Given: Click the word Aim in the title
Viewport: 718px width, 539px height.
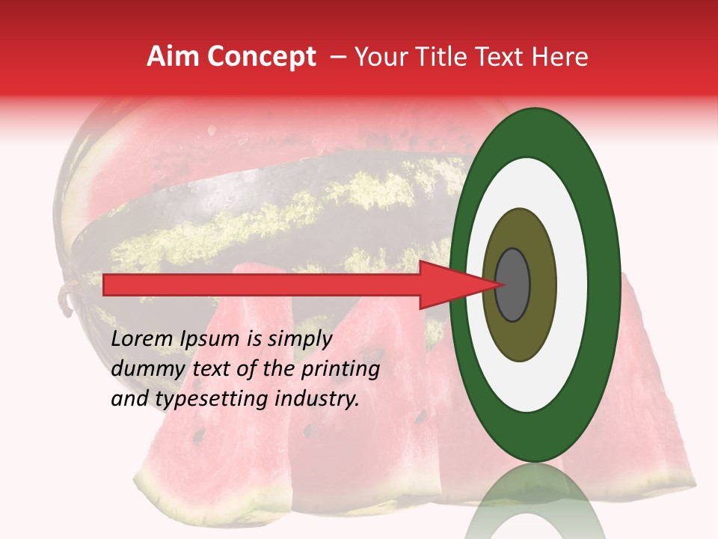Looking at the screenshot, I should click(x=174, y=57).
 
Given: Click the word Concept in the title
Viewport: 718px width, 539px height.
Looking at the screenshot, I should click(x=262, y=57).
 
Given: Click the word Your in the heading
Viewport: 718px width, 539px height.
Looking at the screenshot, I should click(x=378, y=57).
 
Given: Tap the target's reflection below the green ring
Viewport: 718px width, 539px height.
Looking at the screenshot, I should click(x=534, y=502).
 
